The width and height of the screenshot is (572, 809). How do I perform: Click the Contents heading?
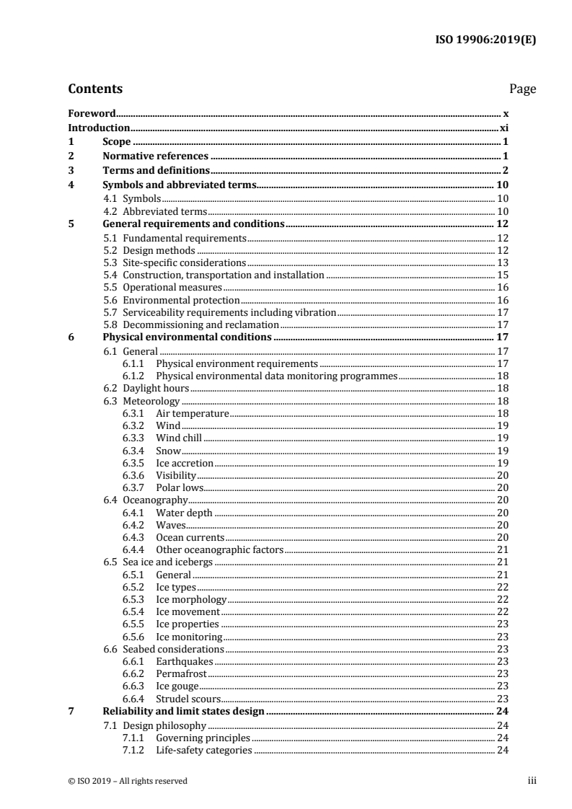point(95,89)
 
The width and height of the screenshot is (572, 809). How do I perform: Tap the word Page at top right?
point(522,89)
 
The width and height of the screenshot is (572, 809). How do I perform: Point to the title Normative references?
point(155,156)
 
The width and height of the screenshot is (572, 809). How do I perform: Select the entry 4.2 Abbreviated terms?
point(155,211)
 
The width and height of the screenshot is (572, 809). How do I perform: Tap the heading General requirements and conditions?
point(194,224)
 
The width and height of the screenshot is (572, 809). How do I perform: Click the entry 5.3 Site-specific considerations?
point(175,263)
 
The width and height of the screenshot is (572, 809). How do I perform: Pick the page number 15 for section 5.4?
point(504,275)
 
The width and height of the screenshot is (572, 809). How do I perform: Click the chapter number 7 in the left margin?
point(71,712)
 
